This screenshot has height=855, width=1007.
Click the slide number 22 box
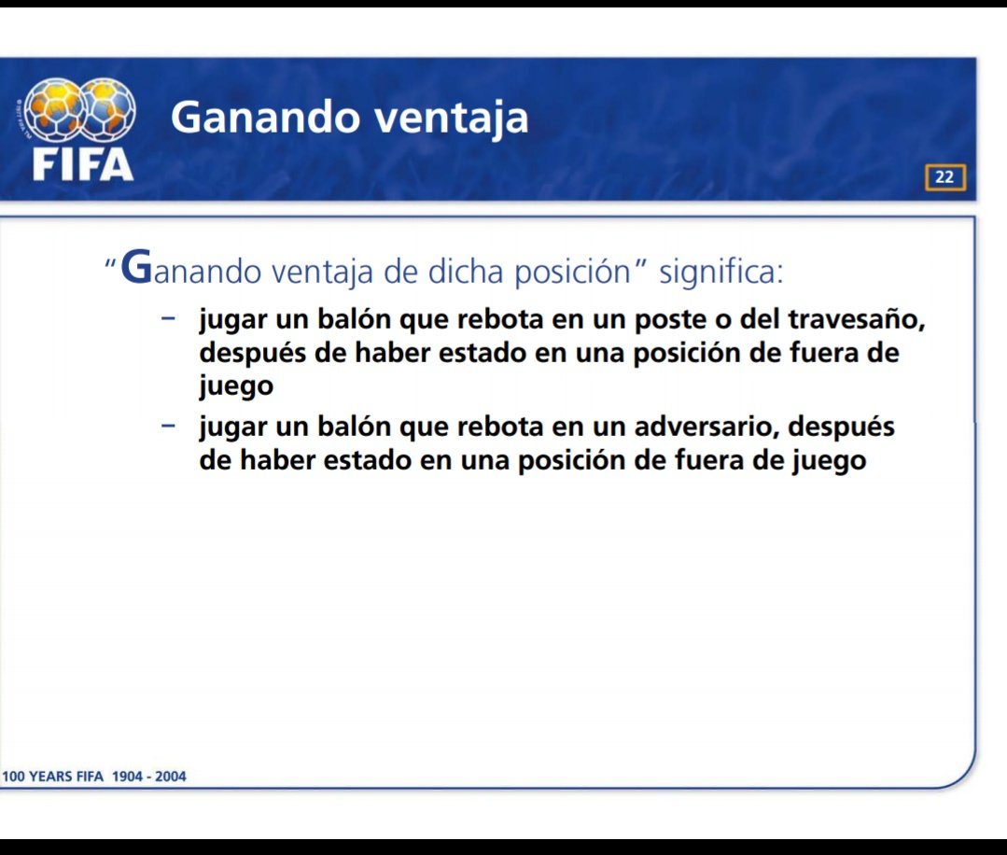point(944,177)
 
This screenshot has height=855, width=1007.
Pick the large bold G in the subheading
point(136,268)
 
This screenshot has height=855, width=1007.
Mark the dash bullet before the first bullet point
point(169,318)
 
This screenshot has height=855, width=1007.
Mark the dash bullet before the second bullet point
point(169,426)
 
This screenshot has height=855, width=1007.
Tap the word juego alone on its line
point(236,387)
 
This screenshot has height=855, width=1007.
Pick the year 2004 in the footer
point(169,777)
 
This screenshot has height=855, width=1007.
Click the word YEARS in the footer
point(54,777)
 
